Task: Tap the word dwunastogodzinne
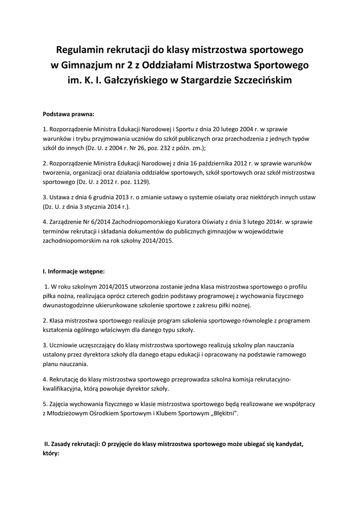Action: pos(72,305)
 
